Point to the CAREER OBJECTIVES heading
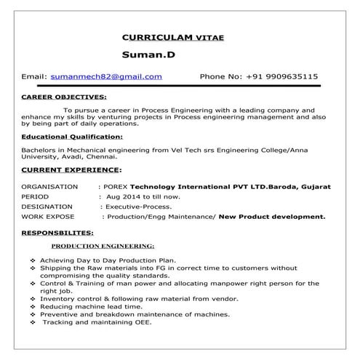pyautogui.click(x=64, y=96)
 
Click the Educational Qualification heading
pyautogui.click(x=72, y=136)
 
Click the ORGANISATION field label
pyautogui.click(x=50, y=187)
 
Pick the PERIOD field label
pyautogui.click(x=36, y=197)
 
